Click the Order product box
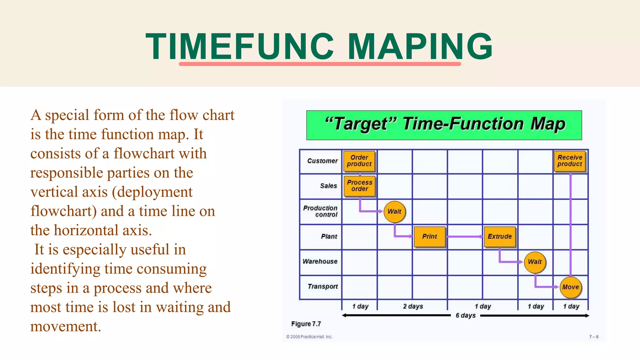[x=359, y=161]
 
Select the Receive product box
[x=570, y=161]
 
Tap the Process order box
[x=359, y=186]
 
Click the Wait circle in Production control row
[x=394, y=212]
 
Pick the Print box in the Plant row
[x=429, y=237]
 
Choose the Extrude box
[x=499, y=237]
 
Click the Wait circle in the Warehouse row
[x=535, y=262]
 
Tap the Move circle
[x=570, y=287]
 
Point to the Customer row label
[x=322, y=161]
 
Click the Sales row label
[x=328, y=186]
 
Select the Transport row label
[x=322, y=287]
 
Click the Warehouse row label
[x=320, y=262]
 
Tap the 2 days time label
[x=413, y=307]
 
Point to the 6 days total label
[x=465, y=316]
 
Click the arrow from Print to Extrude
[x=465, y=237]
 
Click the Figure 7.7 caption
[x=306, y=324]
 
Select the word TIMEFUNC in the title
[x=240, y=47]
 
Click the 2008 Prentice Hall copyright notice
[x=309, y=337]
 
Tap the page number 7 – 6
[x=594, y=337]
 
